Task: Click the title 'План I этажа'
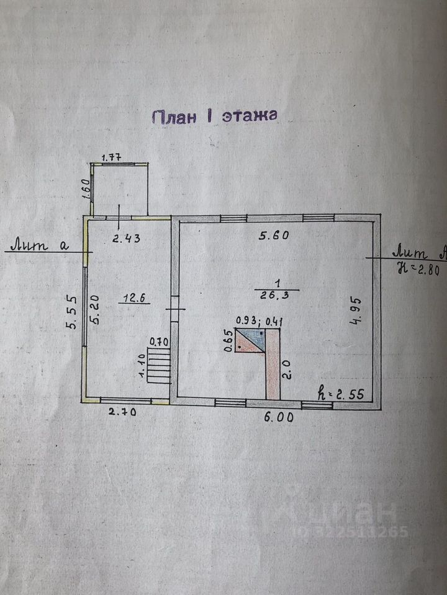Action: click(214, 117)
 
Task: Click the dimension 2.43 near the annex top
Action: click(126, 237)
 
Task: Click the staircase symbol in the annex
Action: click(160, 365)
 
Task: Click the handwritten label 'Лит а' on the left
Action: click(43, 245)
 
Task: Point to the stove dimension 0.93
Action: click(246, 321)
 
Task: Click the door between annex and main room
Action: click(174, 307)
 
